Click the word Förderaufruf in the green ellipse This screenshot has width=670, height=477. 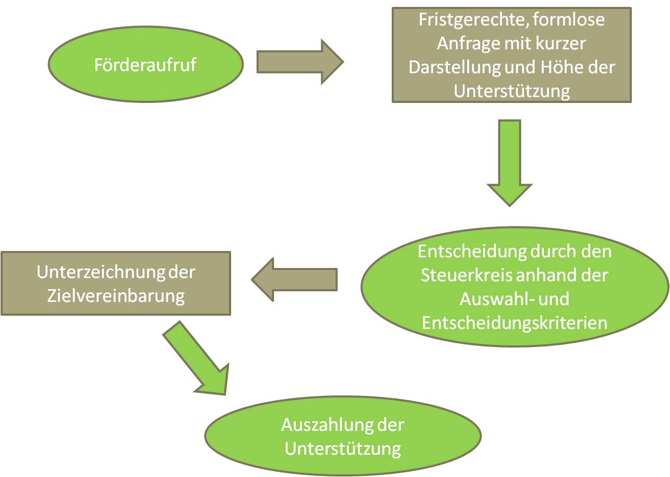145,65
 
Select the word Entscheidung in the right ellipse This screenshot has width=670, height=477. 469,251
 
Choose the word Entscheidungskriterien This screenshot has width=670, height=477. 514,323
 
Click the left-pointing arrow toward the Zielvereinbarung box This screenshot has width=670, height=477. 295,279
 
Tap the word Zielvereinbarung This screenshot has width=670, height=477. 116,296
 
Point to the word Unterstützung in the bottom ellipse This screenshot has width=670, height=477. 342,448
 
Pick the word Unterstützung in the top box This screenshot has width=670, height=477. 512,91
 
